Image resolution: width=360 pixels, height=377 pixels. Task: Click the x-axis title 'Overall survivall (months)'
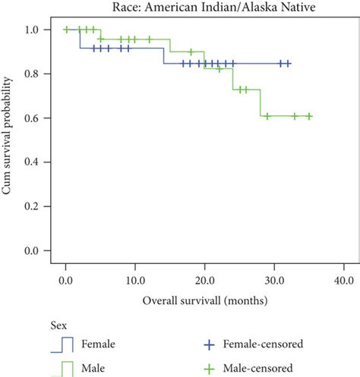205,300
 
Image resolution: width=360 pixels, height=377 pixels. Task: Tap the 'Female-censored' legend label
266,344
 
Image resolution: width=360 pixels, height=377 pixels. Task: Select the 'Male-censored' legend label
261,369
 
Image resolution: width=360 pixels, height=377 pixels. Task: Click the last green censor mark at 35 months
309,116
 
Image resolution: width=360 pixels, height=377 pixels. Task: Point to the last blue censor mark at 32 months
288,64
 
